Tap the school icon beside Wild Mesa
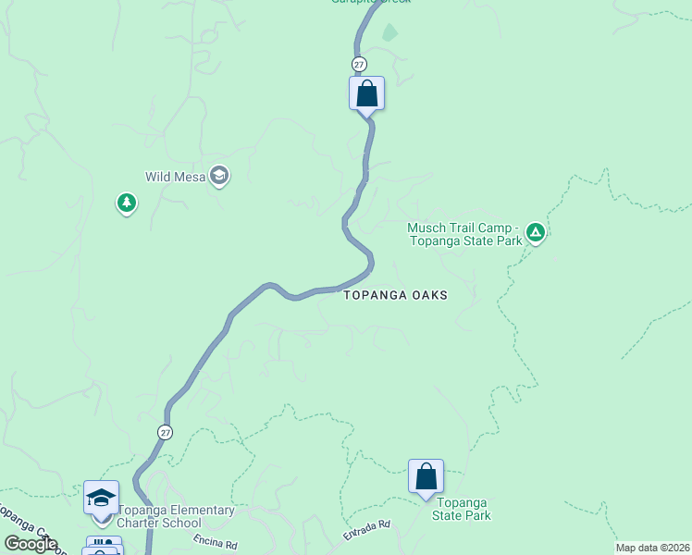click(x=219, y=176)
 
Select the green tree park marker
click(x=127, y=203)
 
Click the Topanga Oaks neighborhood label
click(x=395, y=295)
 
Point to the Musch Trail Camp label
click(x=463, y=234)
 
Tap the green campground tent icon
click(x=535, y=234)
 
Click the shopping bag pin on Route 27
click(x=366, y=94)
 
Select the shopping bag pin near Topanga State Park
click(x=426, y=477)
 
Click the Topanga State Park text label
click(x=462, y=510)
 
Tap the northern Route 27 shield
click(x=359, y=64)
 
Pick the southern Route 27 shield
click(x=164, y=432)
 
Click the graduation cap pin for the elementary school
click(x=101, y=499)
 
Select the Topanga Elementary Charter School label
click(x=175, y=516)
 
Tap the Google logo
click(x=30, y=544)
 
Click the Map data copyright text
click(x=653, y=548)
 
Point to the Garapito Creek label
click(x=371, y=2)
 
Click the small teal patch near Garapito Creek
click(x=390, y=33)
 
